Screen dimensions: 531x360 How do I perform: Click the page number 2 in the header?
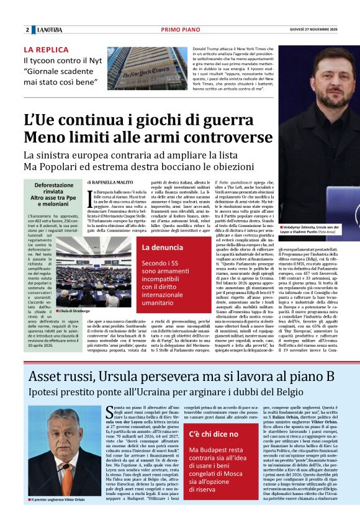(x=27, y=30)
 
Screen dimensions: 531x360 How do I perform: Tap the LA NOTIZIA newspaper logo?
(x=50, y=30)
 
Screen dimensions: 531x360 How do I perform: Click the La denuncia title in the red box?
(x=162, y=248)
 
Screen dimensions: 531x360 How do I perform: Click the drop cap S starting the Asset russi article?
(x=110, y=412)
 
